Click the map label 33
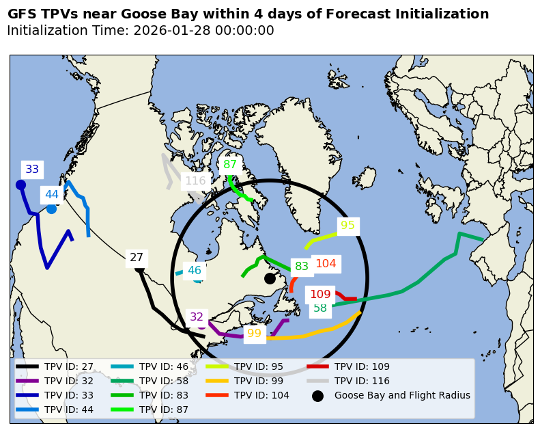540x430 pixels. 32,170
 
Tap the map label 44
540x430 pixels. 52,195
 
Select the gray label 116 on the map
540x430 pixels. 195,181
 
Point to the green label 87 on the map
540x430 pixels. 230,164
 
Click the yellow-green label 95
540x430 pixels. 347,226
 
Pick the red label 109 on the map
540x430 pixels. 320,295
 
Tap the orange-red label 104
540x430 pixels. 326,264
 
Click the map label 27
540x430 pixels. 137,258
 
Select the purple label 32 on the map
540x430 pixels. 197,317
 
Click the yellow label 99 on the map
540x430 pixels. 254,334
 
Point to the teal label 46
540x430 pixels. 195,271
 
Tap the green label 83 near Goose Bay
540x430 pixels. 302,267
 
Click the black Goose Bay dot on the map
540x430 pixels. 270,278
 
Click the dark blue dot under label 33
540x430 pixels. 20,185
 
